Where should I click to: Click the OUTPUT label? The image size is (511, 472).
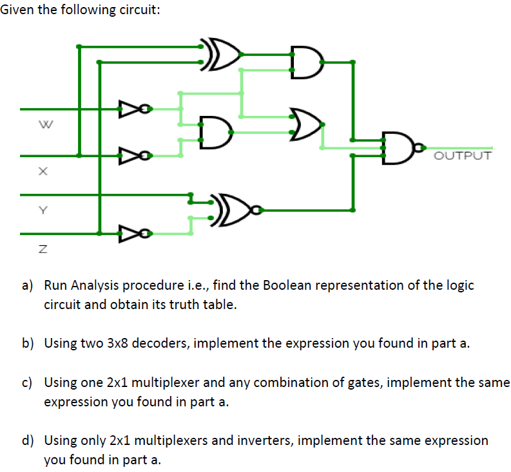click(462, 156)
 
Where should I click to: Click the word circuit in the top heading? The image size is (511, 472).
click(131, 10)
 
